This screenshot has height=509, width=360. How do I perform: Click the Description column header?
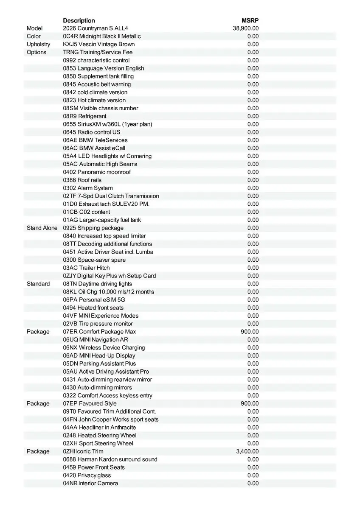click(x=79, y=20)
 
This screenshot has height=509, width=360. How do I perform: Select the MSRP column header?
click(x=250, y=20)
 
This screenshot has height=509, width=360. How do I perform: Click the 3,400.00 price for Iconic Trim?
click(x=247, y=451)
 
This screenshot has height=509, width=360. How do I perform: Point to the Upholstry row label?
click(x=38, y=44)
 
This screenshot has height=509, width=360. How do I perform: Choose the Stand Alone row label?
click(x=42, y=228)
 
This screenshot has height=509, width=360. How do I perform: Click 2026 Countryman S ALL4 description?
click(x=95, y=28)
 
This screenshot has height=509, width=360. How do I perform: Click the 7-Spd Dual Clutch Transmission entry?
click(x=111, y=196)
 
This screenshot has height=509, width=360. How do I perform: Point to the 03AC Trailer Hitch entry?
click(x=86, y=268)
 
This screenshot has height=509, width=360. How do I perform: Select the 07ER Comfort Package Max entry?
click(x=99, y=332)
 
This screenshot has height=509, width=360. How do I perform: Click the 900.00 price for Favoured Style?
click(x=250, y=403)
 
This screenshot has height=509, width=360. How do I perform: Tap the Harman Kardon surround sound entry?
click(x=110, y=459)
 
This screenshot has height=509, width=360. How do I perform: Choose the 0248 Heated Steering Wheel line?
click(x=100, y=435)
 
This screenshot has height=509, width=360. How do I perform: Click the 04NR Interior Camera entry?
click(x=90, y=483)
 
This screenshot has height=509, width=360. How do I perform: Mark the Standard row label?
click(x=38, y=284)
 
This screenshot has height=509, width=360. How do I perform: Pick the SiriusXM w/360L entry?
click(x=107, y=124)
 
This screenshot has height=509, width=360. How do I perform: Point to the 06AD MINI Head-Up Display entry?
click(x=99, y=355)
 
